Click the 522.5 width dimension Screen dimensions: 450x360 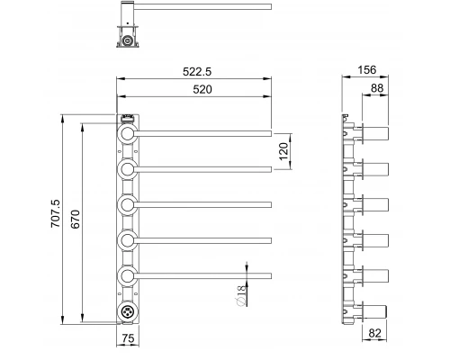(x=197, y=72)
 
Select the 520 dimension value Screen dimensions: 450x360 (x=202, y=89)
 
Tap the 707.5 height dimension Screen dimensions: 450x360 (x=56, y=213)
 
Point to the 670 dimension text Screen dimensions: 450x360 (x=76, y=219)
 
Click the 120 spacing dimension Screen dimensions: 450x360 (x=283, y=151)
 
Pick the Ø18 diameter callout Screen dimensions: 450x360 (x=241, y=295)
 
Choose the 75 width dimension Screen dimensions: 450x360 (x=128, y=338)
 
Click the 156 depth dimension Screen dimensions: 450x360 (x=366, y=70)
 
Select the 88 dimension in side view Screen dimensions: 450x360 (x=377, y=88)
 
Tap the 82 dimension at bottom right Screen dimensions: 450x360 (x=374, y=333)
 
